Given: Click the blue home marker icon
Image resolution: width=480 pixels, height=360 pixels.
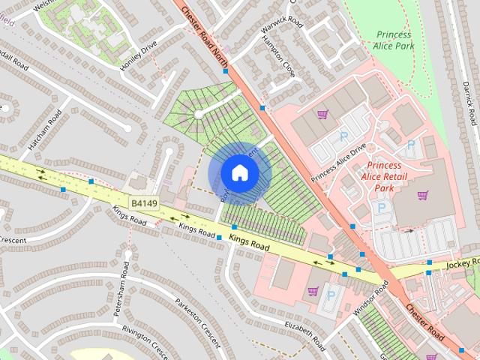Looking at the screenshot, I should coord(239,172).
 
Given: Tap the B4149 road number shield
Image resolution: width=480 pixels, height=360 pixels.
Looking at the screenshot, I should coord(145,202).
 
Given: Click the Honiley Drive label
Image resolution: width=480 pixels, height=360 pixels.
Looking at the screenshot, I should coord(139,57).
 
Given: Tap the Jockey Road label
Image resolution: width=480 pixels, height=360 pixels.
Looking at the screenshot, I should coord(461,263).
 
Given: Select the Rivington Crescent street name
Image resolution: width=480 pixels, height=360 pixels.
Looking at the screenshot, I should coord(147,341).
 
